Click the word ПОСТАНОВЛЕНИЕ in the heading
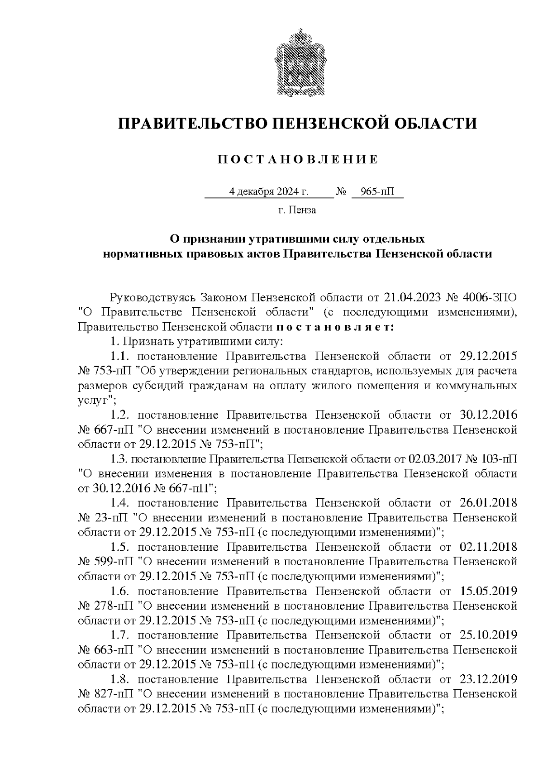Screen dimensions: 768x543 [x=297, y=159]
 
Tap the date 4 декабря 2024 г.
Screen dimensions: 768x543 [x=269, y=192]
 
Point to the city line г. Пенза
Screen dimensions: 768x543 [x=297, y=210]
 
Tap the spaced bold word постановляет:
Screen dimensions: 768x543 [x=335, y=327]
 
